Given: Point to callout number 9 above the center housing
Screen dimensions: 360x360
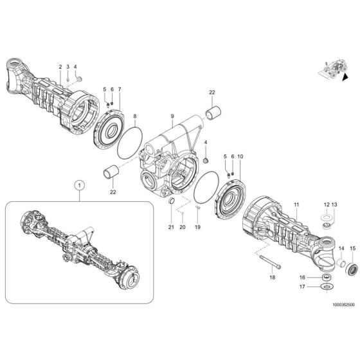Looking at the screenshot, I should tap(172, 117).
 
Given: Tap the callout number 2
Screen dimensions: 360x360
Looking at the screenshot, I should tap(60, 67).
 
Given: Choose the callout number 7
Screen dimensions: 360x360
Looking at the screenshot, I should tap(119, 89).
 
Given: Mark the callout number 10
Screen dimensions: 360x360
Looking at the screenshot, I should tap(240, 157).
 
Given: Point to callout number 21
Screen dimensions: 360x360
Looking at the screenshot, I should tap(171, 227).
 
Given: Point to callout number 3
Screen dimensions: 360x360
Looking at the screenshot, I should tap(67, 67).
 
